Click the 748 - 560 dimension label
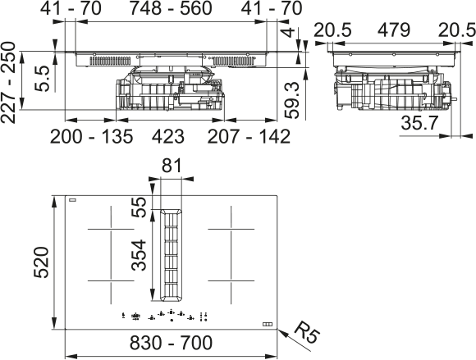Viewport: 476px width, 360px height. click(x=171, y=8)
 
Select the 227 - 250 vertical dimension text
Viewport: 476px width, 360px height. click(x=8, y=83)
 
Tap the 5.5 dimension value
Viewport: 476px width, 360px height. click(x=42, y=78)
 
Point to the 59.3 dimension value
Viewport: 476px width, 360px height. click(x=292, y=100)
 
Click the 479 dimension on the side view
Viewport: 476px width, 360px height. click(x=394, y=30)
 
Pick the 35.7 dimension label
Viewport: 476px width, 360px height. click(x=420, y=123)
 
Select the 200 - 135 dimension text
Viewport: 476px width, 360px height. click(x=91, y=136)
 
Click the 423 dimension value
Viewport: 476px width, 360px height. click(x=168, y=136)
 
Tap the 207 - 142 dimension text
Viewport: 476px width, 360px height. click(x=249, y=136)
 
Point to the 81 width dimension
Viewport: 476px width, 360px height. click(x=172, y=166)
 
